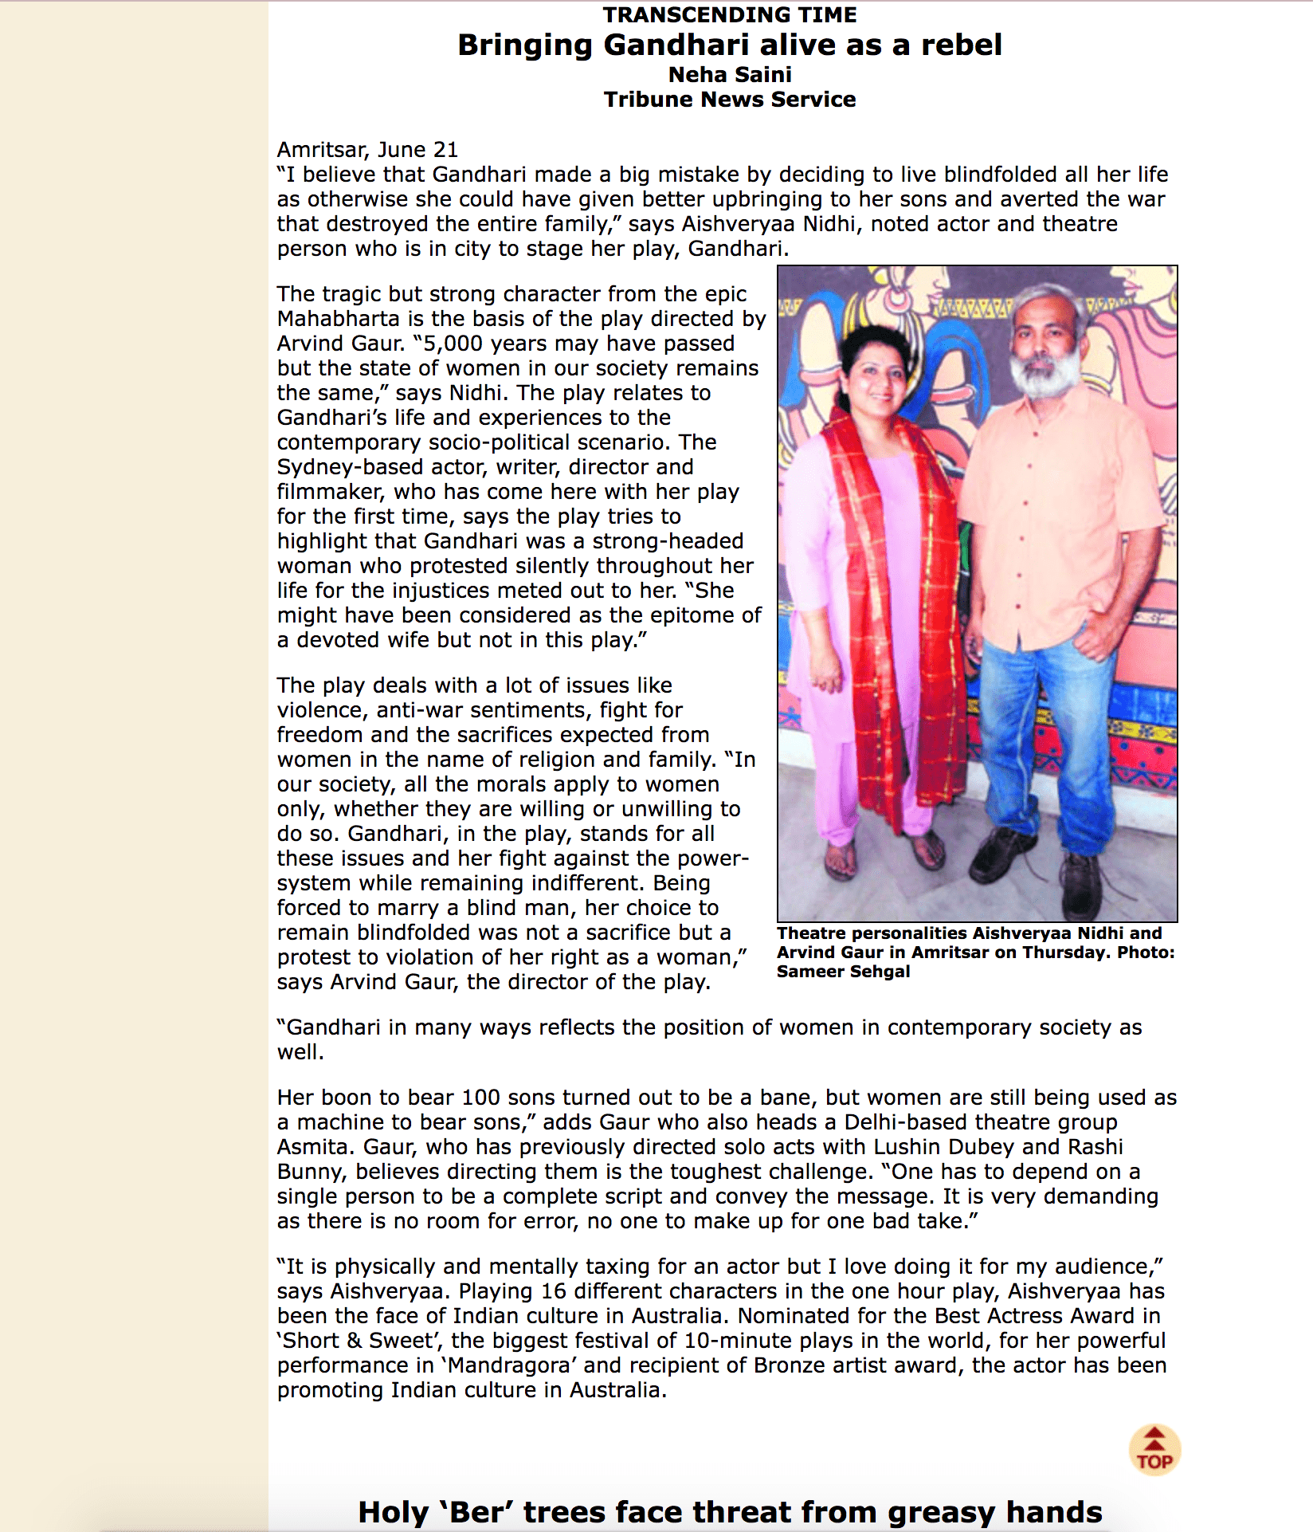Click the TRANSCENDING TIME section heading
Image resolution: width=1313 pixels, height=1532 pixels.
pyautogui.click(x=729, y=15)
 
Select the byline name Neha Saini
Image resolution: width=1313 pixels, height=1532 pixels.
pyautogui.click(x=729, y=74)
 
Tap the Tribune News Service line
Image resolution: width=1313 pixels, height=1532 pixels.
pyautogui.click(x=729, y=100)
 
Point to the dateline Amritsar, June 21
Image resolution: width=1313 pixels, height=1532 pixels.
pyautogui.click(x=367, y=150)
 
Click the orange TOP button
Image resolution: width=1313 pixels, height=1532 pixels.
pyautogui.click(x=1154, y=1450)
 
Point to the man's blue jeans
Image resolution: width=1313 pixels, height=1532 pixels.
pyautogui.click(x=1044, y=741)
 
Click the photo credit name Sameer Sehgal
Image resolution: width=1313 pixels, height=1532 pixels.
pyautogui.click(x=843, y=972)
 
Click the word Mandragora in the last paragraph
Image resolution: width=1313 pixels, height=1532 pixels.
pyautogui.click(x=508, y=1365)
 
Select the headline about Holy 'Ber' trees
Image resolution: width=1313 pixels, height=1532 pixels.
pyautogui.click(x=729, y=1512)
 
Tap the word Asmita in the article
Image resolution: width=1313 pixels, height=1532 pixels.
pyautogui.click(x=314, y=1147)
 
